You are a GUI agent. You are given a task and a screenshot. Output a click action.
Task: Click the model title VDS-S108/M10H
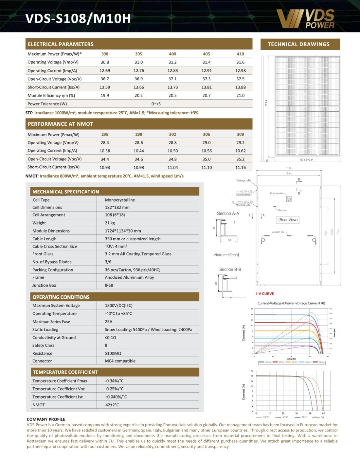[78, 19]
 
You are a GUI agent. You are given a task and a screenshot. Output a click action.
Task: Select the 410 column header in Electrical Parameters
[240, 54]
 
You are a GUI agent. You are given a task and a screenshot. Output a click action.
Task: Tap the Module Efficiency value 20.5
[172, 96]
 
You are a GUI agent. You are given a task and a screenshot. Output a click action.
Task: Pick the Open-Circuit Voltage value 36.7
[105, 79]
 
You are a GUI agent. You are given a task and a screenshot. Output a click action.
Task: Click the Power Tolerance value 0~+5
[156, 104]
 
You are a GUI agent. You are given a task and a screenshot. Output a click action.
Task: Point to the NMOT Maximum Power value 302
[172, 134]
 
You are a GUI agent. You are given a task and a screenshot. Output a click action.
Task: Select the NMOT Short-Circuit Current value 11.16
[240, 167]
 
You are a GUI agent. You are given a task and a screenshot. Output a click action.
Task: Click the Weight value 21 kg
[110, 223]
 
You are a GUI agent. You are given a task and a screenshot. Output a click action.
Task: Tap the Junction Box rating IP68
[109, 285]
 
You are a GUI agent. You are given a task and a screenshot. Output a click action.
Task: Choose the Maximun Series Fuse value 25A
[109, 322]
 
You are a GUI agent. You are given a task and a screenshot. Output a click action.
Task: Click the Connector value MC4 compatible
[120, 361]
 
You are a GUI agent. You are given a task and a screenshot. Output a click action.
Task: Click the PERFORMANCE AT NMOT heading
[61, 124]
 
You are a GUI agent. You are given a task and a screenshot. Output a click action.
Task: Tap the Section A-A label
[228, 213]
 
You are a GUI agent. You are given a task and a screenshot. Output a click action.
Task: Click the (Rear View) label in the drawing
[288, 220]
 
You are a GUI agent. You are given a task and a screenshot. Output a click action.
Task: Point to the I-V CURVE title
[265, 294]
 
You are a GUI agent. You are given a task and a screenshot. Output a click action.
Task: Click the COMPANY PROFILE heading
[46, 419]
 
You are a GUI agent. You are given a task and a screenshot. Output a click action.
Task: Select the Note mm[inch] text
[226, 255]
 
